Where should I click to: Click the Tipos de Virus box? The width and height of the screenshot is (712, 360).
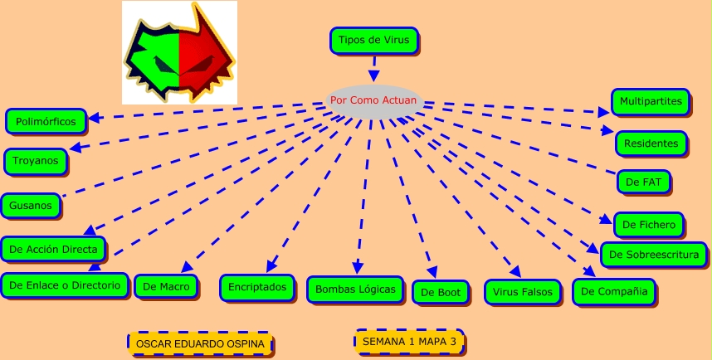374,40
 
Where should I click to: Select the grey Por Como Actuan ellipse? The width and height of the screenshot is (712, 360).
374,100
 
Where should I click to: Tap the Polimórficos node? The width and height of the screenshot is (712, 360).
46,121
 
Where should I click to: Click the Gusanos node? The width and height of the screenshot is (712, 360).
31,206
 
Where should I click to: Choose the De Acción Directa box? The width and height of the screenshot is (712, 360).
53,248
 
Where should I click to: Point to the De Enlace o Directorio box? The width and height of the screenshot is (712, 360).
65,285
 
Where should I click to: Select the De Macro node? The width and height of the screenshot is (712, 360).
166,287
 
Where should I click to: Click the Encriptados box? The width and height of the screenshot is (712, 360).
256,287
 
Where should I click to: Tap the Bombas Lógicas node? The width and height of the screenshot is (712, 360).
355,289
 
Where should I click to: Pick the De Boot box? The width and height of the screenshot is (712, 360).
441,292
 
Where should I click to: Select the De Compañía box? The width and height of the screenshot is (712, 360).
614,291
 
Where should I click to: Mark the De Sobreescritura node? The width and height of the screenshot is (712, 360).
654,255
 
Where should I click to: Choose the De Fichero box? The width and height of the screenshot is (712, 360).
649,224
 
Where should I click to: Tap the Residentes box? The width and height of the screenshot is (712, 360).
651,144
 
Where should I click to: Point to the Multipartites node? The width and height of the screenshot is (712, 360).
651,102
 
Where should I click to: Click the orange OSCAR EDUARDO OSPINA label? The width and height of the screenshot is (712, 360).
200,343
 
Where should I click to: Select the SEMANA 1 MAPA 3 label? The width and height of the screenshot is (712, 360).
409,341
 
